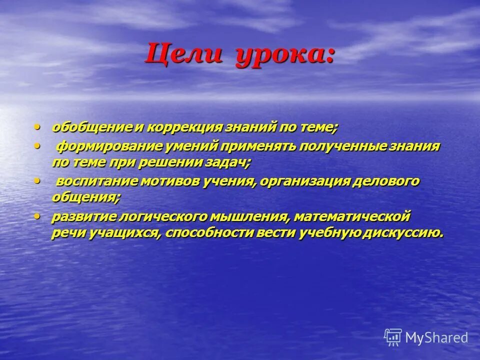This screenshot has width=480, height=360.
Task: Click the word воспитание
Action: (93, 181)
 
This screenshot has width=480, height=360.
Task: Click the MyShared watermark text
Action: (436, 337)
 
